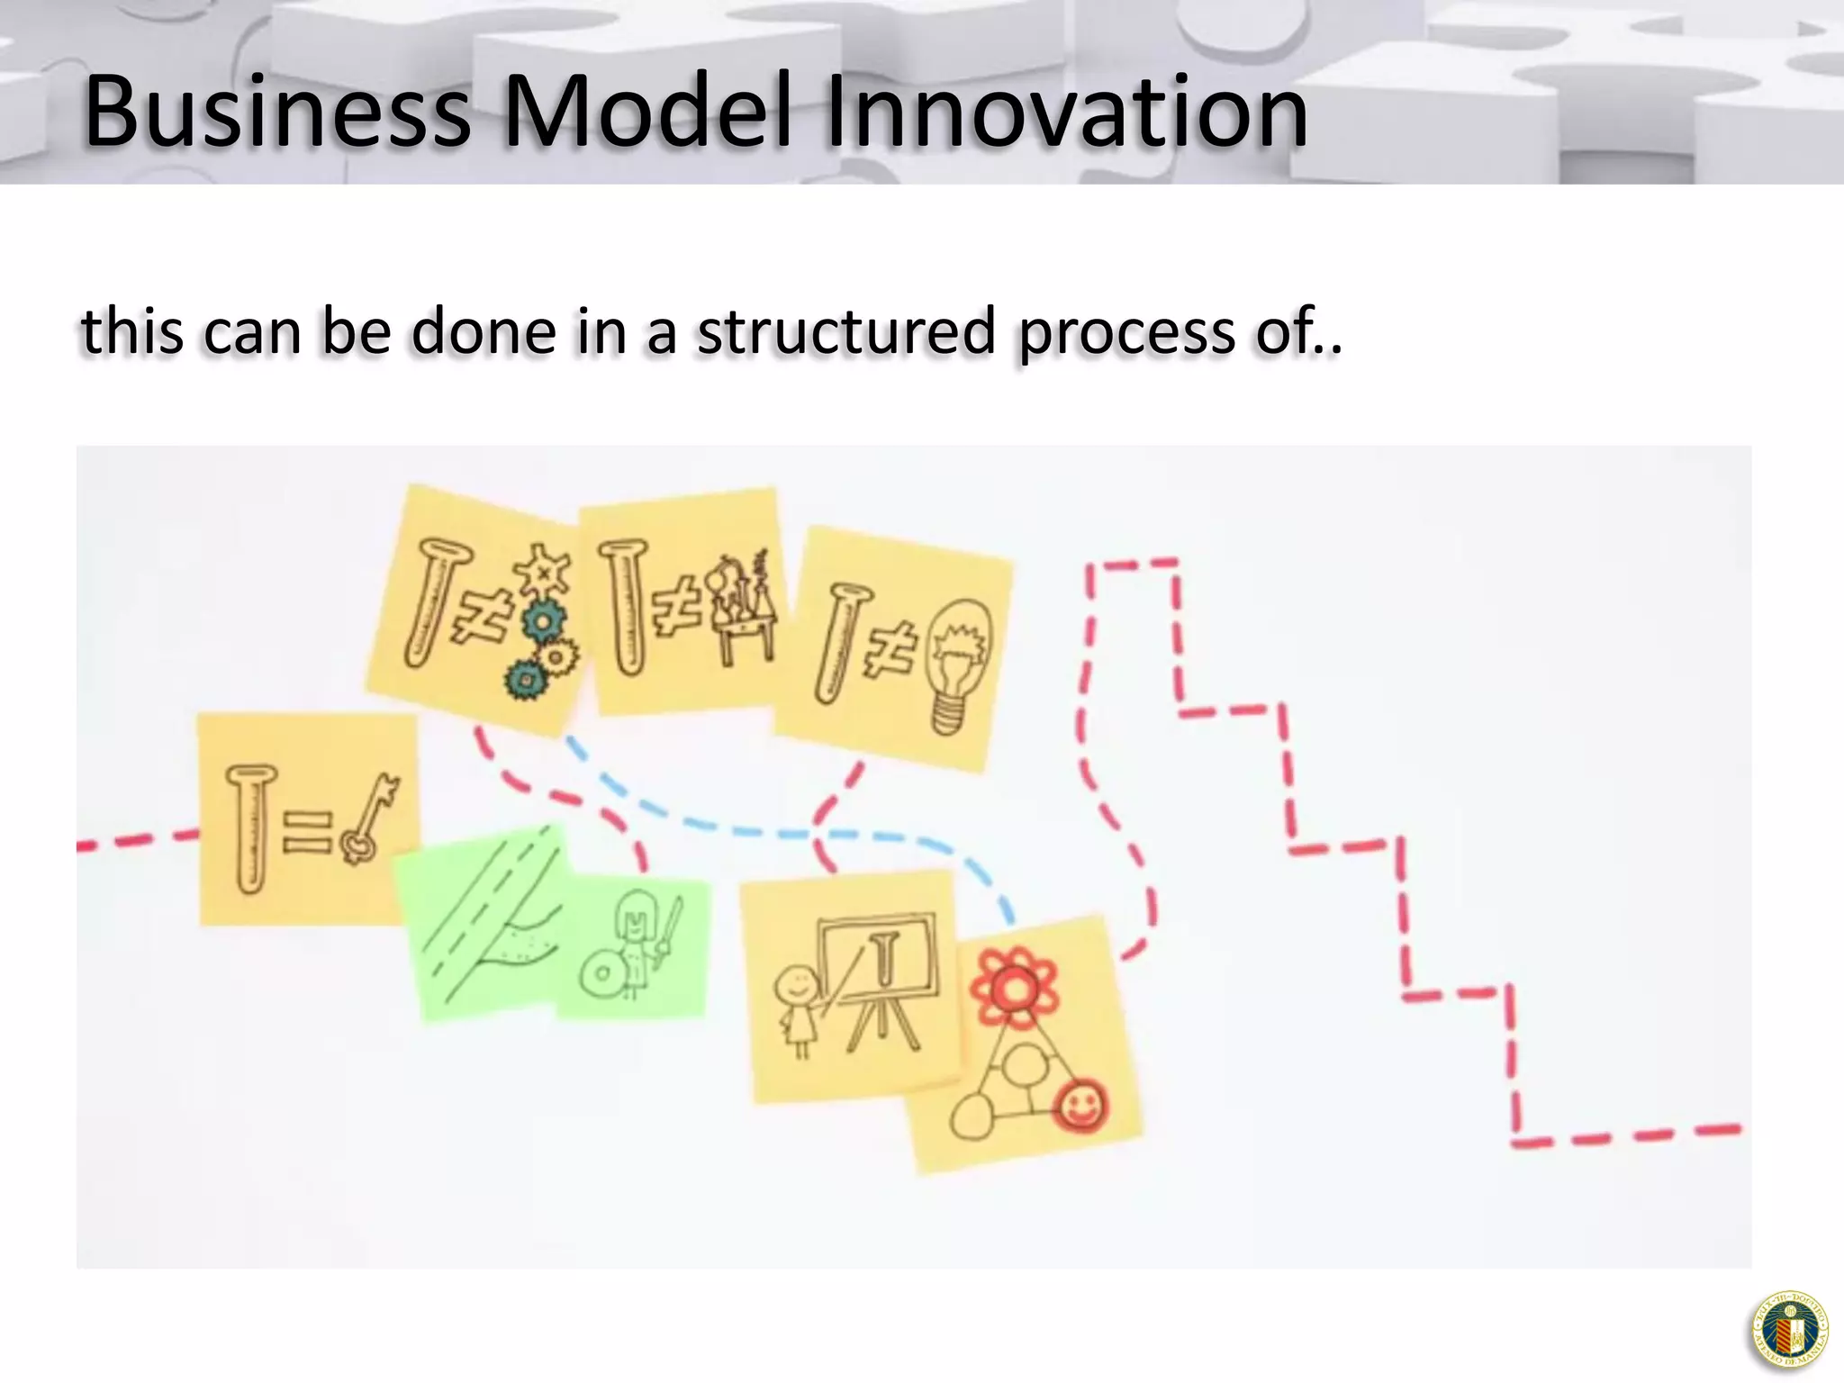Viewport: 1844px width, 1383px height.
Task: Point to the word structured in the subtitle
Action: [x=845, y=331]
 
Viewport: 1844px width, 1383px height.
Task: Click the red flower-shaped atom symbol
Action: [x=1015, y=986]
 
